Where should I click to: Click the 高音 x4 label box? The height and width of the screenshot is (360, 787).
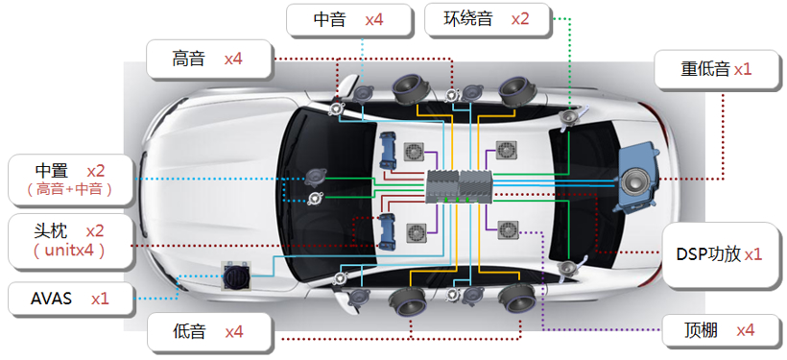click(209, 59)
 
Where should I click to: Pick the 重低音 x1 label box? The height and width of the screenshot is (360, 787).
click(716, 70)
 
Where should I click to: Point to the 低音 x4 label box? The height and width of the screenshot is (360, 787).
click(209, 332)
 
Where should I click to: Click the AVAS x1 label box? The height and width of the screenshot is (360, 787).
click(66, 299)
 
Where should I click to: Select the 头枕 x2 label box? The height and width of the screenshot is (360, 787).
click(66, 240)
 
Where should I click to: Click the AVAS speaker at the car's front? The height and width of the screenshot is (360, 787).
click(236, 277)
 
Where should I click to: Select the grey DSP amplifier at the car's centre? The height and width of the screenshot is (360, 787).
click(459, 182)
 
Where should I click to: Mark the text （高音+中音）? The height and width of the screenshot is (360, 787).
click(69, 189)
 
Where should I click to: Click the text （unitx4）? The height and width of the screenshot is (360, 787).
click(67, 251)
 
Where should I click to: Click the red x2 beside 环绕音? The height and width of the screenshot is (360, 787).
click(519, 19)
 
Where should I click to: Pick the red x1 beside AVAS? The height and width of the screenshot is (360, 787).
click(100, 299)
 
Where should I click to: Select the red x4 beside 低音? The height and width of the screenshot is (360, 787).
click(235, 332)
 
